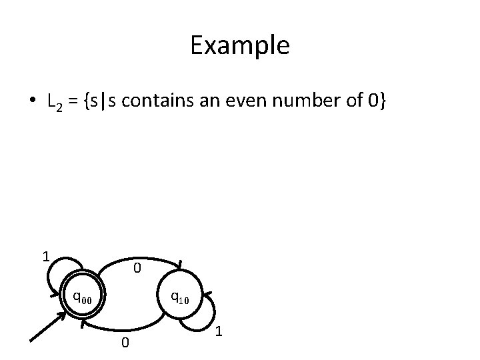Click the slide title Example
tap(239, 45)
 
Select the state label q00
tap(83, 297)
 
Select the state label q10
tap(179, 297)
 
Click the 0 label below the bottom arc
tap(124, 343)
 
